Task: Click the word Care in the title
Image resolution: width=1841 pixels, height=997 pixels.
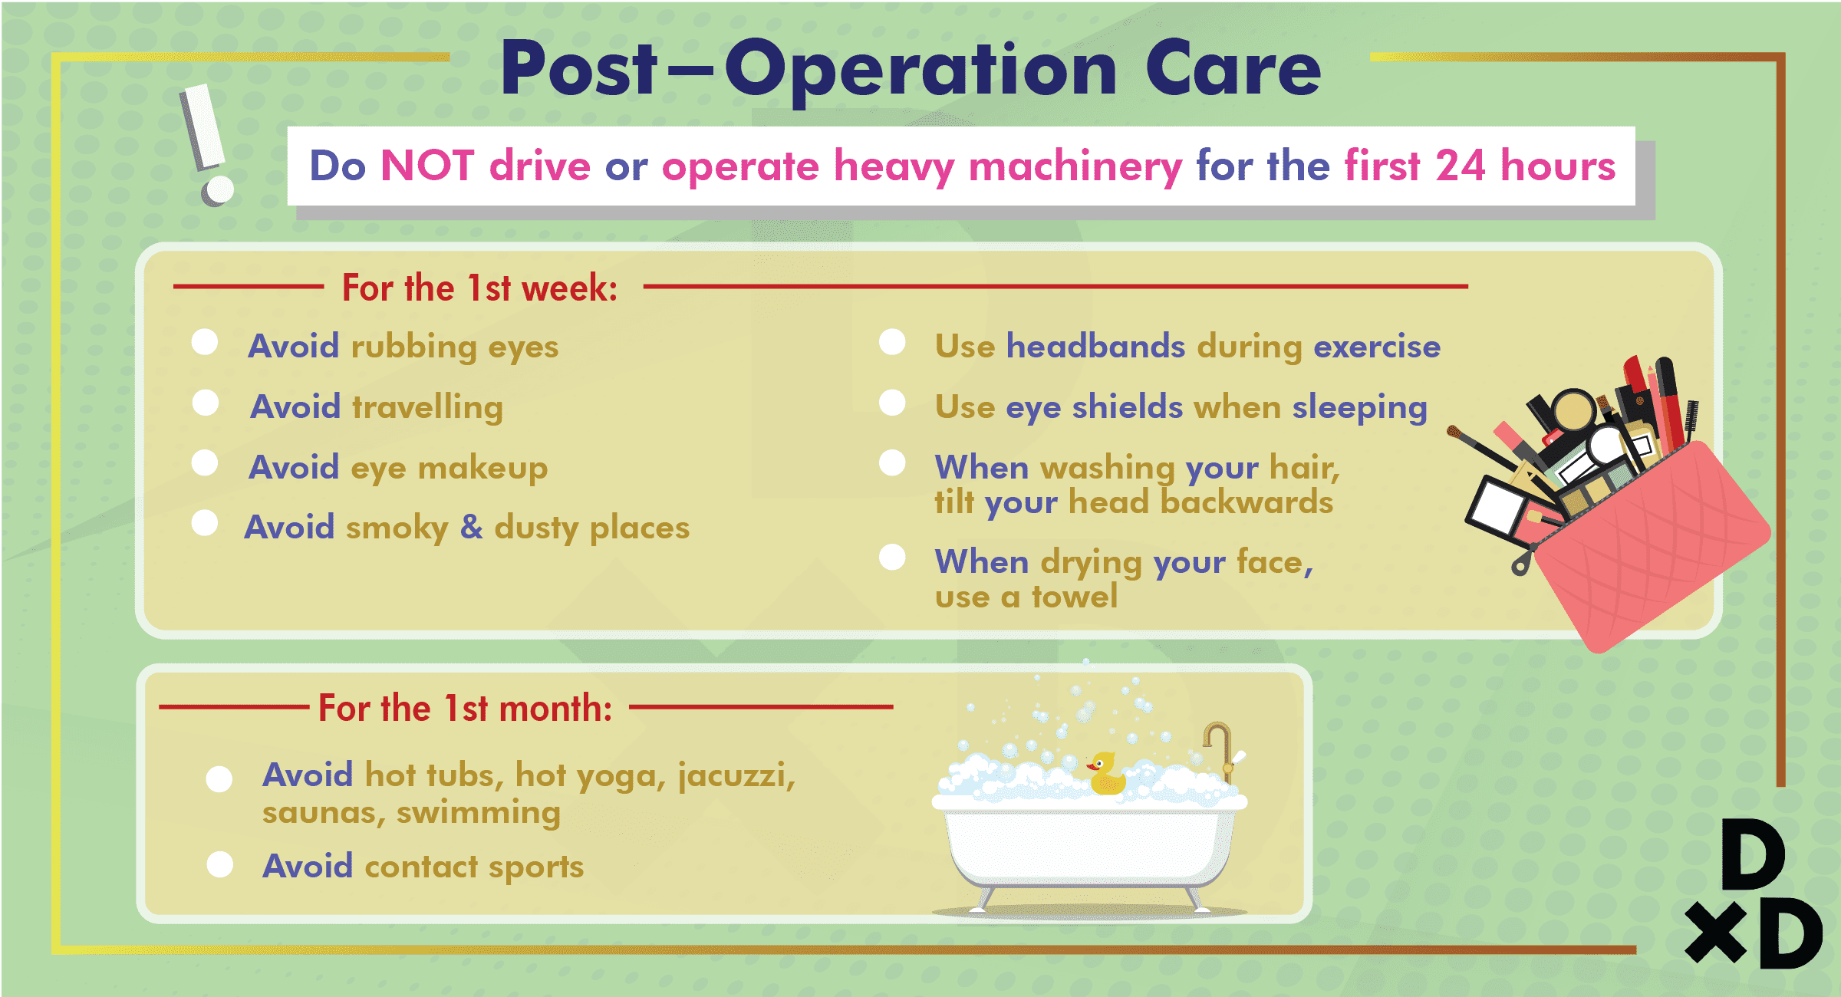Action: pyautogui.click(x=1233, y=69)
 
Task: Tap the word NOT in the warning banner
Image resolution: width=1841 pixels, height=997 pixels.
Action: pyautogui.click(x=427, y=166)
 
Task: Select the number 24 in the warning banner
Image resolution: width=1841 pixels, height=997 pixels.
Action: pyautogui.click(x=1461, y=166)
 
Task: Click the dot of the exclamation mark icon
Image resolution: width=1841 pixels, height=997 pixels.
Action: pyautogui.click(x=218, y=190)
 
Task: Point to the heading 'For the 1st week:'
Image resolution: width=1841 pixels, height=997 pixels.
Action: pyautogui.click(x=479, y=288)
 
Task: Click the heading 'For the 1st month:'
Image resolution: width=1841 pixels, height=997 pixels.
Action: pyautogui.click(x=465, y=707)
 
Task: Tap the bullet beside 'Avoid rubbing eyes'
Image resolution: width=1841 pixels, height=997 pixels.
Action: pyautogui.click(x=205, y=342)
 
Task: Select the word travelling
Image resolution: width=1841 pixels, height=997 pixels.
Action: pyautogui.click(x=427, y=407)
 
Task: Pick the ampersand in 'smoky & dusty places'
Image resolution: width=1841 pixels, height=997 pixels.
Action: pyautogui.click(x=471, y=527)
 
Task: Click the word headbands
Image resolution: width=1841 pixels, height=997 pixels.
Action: pyautogui.click(x=1095, y=346)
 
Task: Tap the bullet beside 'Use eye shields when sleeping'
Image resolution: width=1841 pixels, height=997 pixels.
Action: pyautogui.click(x=892, y=403)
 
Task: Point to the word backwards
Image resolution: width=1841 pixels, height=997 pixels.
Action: pyautogui.click(x=1247, y=502)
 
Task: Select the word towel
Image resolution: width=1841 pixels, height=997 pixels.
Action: pyautogui.click(x=1075, y=597)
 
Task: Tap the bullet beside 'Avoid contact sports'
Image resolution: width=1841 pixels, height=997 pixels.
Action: pyautogui.click(x=220, y=864)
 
